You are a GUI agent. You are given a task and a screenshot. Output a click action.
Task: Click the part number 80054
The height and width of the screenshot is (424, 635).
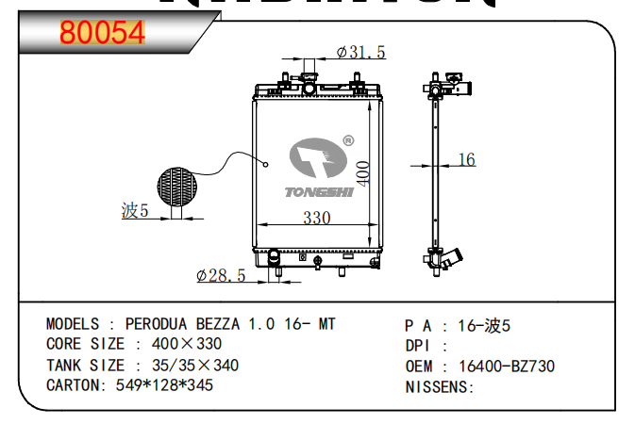[x=102, y=33]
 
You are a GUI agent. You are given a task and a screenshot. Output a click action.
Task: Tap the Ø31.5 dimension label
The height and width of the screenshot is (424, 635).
[x=361, y=53]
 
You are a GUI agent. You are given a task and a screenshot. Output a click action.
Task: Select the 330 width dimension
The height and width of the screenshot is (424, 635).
[x=316, y=218]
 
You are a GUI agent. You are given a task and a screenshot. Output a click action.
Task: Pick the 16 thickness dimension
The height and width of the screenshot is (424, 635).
[x=466, y=160]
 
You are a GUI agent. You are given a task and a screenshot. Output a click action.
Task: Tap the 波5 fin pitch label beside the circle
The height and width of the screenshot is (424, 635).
[x=136, y=211]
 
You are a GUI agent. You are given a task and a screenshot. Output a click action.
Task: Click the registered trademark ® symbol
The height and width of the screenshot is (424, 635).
[x=348, y=141]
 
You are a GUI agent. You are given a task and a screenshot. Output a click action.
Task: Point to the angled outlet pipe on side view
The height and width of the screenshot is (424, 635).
[x=455, y=256]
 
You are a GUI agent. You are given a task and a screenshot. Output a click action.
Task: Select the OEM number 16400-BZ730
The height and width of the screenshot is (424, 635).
[x=507, y=366]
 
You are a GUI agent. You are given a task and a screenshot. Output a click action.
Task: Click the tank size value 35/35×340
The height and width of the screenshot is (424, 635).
[x=186, y=366]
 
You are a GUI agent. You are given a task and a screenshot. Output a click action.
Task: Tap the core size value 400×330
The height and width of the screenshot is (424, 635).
[x=187, y=345]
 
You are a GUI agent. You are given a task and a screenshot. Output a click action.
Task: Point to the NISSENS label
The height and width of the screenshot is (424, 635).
[x=439, y=386]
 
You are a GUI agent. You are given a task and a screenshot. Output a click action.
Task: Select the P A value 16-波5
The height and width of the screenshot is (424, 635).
[x=484, y=325]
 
